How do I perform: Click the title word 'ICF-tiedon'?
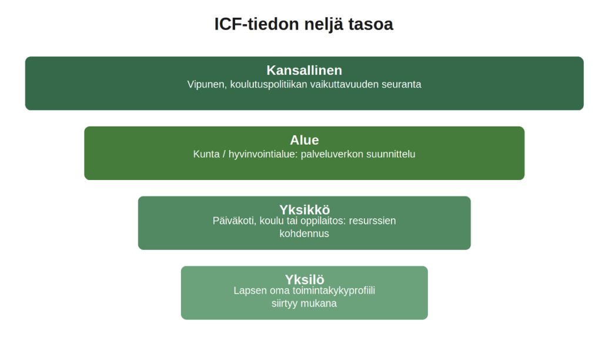(256, 24)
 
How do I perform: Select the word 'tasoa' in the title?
(371, 25)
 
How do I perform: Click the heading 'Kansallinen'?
(304, 71)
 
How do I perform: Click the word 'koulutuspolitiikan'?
(269, 85)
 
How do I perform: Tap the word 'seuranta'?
(401, 85)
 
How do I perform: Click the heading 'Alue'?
(304, 140)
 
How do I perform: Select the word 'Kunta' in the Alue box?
(206, 155)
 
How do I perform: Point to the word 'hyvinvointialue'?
(263, 155)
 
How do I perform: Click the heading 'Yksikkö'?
(305, 210)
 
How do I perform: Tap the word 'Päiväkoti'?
(235, 221)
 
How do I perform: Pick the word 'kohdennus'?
(304, 234)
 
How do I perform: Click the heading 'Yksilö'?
(305, 279)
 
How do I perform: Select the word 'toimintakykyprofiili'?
(334, 291)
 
